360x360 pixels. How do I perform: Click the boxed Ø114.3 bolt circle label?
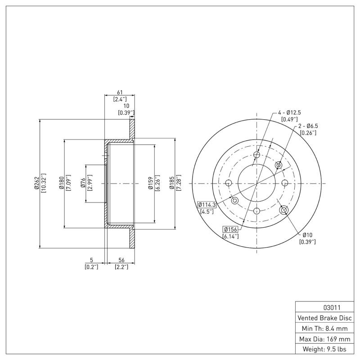[x=207, y=205]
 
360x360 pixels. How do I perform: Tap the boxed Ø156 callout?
[x=230, y=229]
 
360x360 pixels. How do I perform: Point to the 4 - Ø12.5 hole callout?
[x=289, y=112]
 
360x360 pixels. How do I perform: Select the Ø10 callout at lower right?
[x=307, y=235]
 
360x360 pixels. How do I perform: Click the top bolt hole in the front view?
[x=256, y=156]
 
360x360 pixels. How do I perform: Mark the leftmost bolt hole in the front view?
[x=228, y=183]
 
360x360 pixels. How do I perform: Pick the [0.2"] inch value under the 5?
[x=91, y=267]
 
